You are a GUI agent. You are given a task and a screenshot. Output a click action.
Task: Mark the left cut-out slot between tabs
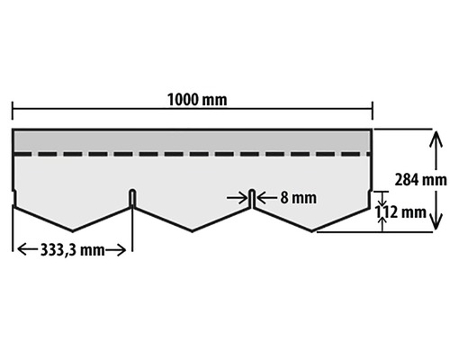click(x=132, y=198)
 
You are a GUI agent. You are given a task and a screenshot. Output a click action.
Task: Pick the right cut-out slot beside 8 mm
click(x=252, y=197)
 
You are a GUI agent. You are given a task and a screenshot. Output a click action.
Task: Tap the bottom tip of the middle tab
click(x=193, y=231)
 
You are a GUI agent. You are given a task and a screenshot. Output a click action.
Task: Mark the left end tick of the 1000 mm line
click(x=13, y=111)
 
